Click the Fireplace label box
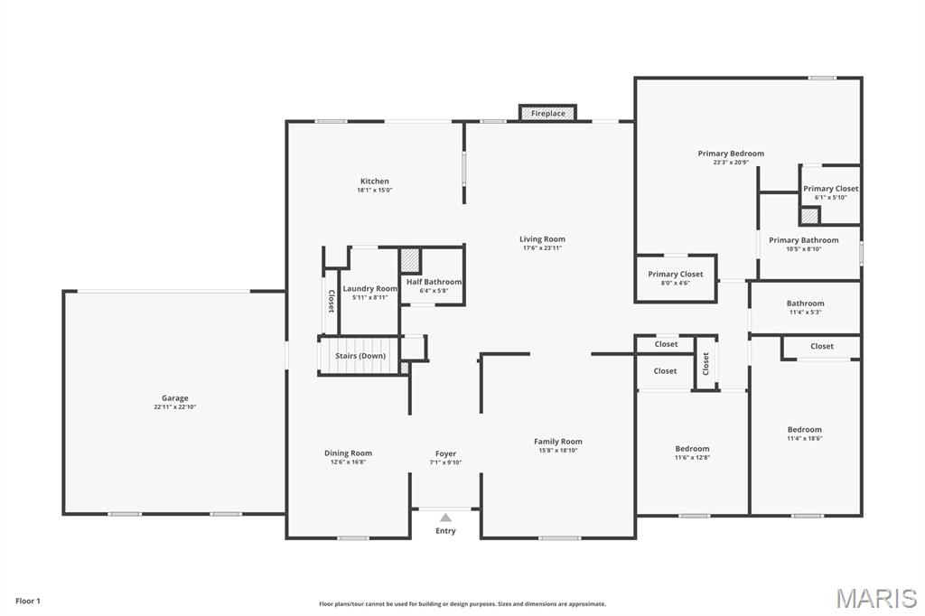coord(547,113)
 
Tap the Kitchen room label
coord(375,182)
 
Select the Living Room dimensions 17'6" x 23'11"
coord(542,248)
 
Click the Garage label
coord(175,398)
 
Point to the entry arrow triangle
coord(445,518)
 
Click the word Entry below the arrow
coord(445,530)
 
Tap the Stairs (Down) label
coord(360,356)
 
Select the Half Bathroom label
coord(434,282)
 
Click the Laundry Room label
coord(369,288)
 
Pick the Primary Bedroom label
coord(731,154)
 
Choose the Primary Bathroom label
coord(803,240)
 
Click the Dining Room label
coord(348,453)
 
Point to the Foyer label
coord(445,453)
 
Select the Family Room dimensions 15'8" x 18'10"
coord(558,451)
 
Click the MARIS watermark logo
coord(876,598)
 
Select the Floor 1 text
coord(28,602)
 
